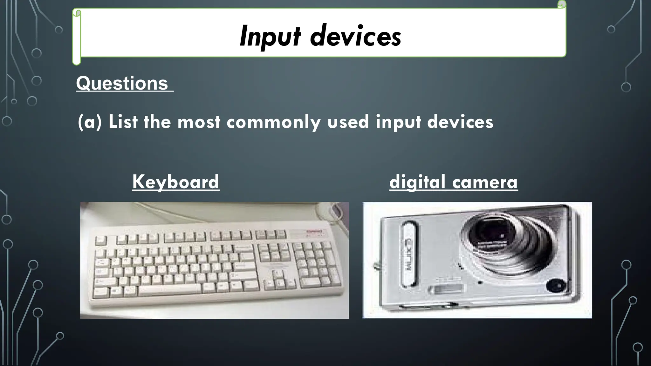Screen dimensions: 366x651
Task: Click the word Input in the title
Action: tap(270, 37)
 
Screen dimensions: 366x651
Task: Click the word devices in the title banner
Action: tap(355, 37)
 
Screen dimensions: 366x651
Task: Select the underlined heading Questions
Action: tap(122, 83)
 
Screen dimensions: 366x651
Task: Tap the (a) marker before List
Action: tap(89, 122)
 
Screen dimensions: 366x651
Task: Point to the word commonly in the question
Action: tap(273, 122)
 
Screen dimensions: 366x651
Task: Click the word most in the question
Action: tap(199, 122)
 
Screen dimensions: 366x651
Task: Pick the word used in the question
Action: tap(348, 122)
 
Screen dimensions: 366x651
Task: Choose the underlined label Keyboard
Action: tap(175, 182)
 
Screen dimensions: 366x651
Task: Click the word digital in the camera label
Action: tap(417, 182)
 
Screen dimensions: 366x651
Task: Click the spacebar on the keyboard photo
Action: tap(170, 289)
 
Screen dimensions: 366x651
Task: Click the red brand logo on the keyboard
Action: tap(314, 232)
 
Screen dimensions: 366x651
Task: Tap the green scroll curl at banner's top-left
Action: tap(77, 13)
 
